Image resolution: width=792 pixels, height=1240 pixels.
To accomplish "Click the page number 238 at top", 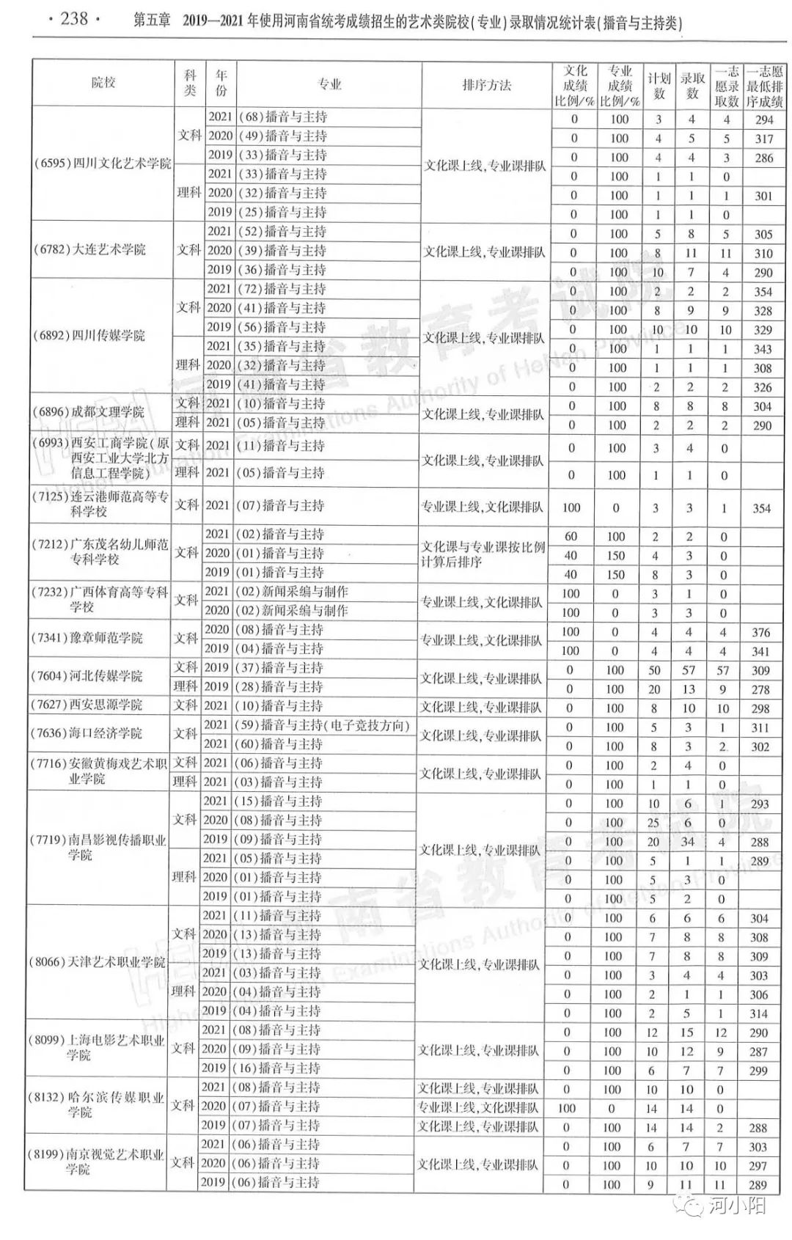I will [x=73, y=19].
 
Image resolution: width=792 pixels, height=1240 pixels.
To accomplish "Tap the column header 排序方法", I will [x=486, y=85].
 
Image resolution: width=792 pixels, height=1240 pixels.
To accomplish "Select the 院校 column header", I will [x=103, y=83].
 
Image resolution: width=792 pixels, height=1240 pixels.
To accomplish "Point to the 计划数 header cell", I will [x=659, y=86].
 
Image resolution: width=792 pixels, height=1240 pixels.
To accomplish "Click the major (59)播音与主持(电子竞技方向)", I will [x=322, y=725].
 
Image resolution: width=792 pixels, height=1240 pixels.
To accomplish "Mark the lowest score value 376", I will [x=761, y=632].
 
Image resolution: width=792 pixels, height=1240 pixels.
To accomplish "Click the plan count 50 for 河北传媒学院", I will [x=654, y=670].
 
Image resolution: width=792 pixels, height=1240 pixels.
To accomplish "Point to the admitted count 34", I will [x=687, y=842].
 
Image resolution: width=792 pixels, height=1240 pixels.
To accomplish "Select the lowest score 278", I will [x=760, y=689].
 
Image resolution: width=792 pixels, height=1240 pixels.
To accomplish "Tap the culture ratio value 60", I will [x=571, y=537].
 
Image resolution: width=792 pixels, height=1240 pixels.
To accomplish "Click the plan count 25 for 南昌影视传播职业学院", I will [x=653, y=823].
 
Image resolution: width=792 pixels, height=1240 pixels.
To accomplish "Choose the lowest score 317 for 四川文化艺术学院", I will [x=764, y=139].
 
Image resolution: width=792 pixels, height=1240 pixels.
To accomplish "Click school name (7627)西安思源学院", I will [x=86, y=705].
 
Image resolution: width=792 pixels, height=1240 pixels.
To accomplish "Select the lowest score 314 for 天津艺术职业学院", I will [x=759, y=1013].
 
